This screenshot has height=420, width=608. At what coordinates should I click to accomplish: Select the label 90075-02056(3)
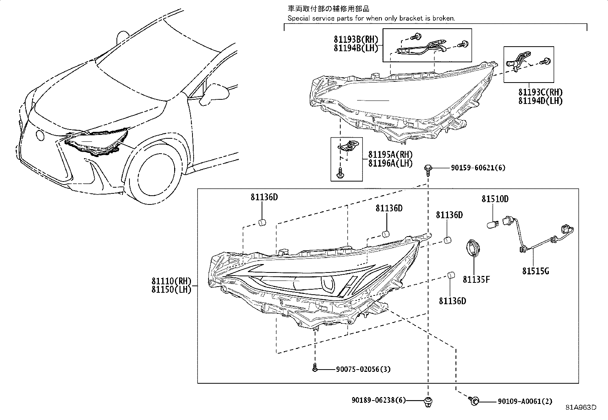pyautogui.click(x=363, y=369)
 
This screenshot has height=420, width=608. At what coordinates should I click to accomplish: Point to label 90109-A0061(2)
pyautogui.click(x=525, y=401)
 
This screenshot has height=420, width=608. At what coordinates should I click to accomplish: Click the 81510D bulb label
pyautogui.click(x=495, y=199)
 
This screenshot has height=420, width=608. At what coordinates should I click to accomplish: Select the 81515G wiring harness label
pyautogui.click(x=535, y=271)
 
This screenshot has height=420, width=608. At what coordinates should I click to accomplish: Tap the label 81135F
pyautogui.click(x=476, y=280)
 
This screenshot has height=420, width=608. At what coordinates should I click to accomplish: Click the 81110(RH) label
pyautogui.click(x=171, y=282)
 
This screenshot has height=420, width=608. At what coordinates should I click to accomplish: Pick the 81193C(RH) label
pyautogui.click(x=540, y=92)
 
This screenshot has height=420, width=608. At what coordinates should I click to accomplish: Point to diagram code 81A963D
pyautogui.click(x=581, y=407)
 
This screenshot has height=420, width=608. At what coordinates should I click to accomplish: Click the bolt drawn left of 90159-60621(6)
pyautogui.click(x=428, y=169)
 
